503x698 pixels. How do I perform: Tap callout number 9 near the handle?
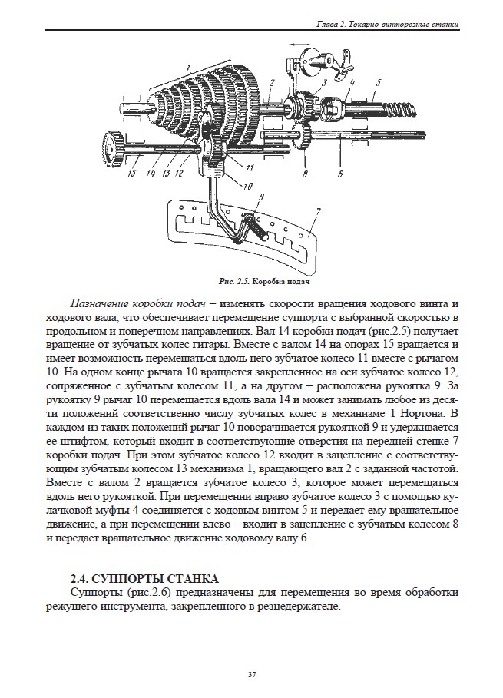tap(261, 197)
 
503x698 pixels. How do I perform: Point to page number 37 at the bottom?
tap(251, 675)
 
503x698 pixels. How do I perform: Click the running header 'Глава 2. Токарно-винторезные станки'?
tap(387, 25)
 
